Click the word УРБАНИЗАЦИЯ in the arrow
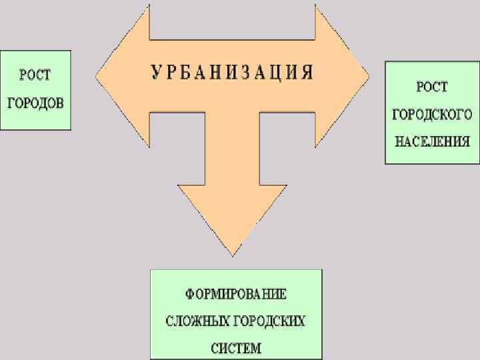231,72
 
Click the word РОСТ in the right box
432,87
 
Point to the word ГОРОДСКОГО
431,115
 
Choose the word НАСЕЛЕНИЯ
432,141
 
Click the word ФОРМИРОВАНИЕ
236,294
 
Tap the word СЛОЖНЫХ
197,321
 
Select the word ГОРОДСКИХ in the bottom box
271,321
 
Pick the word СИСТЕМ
236,347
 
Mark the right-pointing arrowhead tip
368,71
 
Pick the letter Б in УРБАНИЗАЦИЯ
185,72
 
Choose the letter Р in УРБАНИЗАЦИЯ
170,72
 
